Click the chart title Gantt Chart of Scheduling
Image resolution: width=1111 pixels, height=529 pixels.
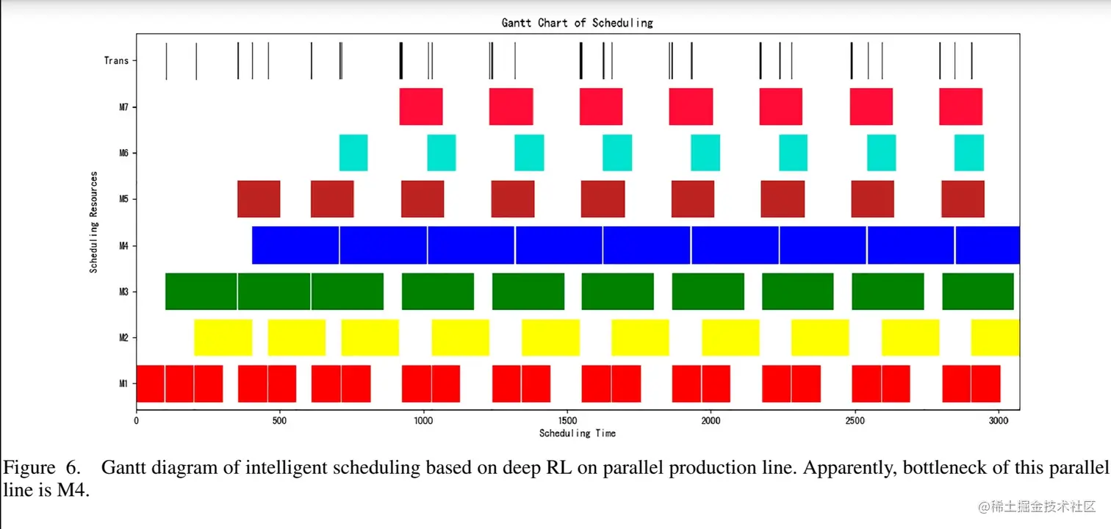coord(577,23)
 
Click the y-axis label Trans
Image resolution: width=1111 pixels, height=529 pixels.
coord(116,61)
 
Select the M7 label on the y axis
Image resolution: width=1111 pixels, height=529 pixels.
coord(123,107)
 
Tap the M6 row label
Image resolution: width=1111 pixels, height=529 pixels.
coord(123,154)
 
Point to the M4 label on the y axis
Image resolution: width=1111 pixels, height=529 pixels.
coord(123,245)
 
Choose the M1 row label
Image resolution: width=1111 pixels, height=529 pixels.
coord(123,384)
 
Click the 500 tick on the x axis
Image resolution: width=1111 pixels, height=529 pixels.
coord(279,422)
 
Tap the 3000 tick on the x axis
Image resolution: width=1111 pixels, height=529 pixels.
coord(997,422)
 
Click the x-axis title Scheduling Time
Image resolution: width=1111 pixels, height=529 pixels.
coord(577,433)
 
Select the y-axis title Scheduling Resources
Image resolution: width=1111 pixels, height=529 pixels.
coord(94,223)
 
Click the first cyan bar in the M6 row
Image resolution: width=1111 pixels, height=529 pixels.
coord(353,153)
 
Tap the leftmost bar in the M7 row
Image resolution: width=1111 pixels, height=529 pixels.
coord(420,107)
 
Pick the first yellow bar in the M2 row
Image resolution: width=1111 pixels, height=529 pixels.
coord(223,337)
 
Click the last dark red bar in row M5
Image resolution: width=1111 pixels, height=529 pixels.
coord(963,199)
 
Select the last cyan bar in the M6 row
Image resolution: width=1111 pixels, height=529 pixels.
coord(968,153)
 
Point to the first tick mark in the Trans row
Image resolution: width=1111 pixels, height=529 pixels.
coord(166,61)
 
